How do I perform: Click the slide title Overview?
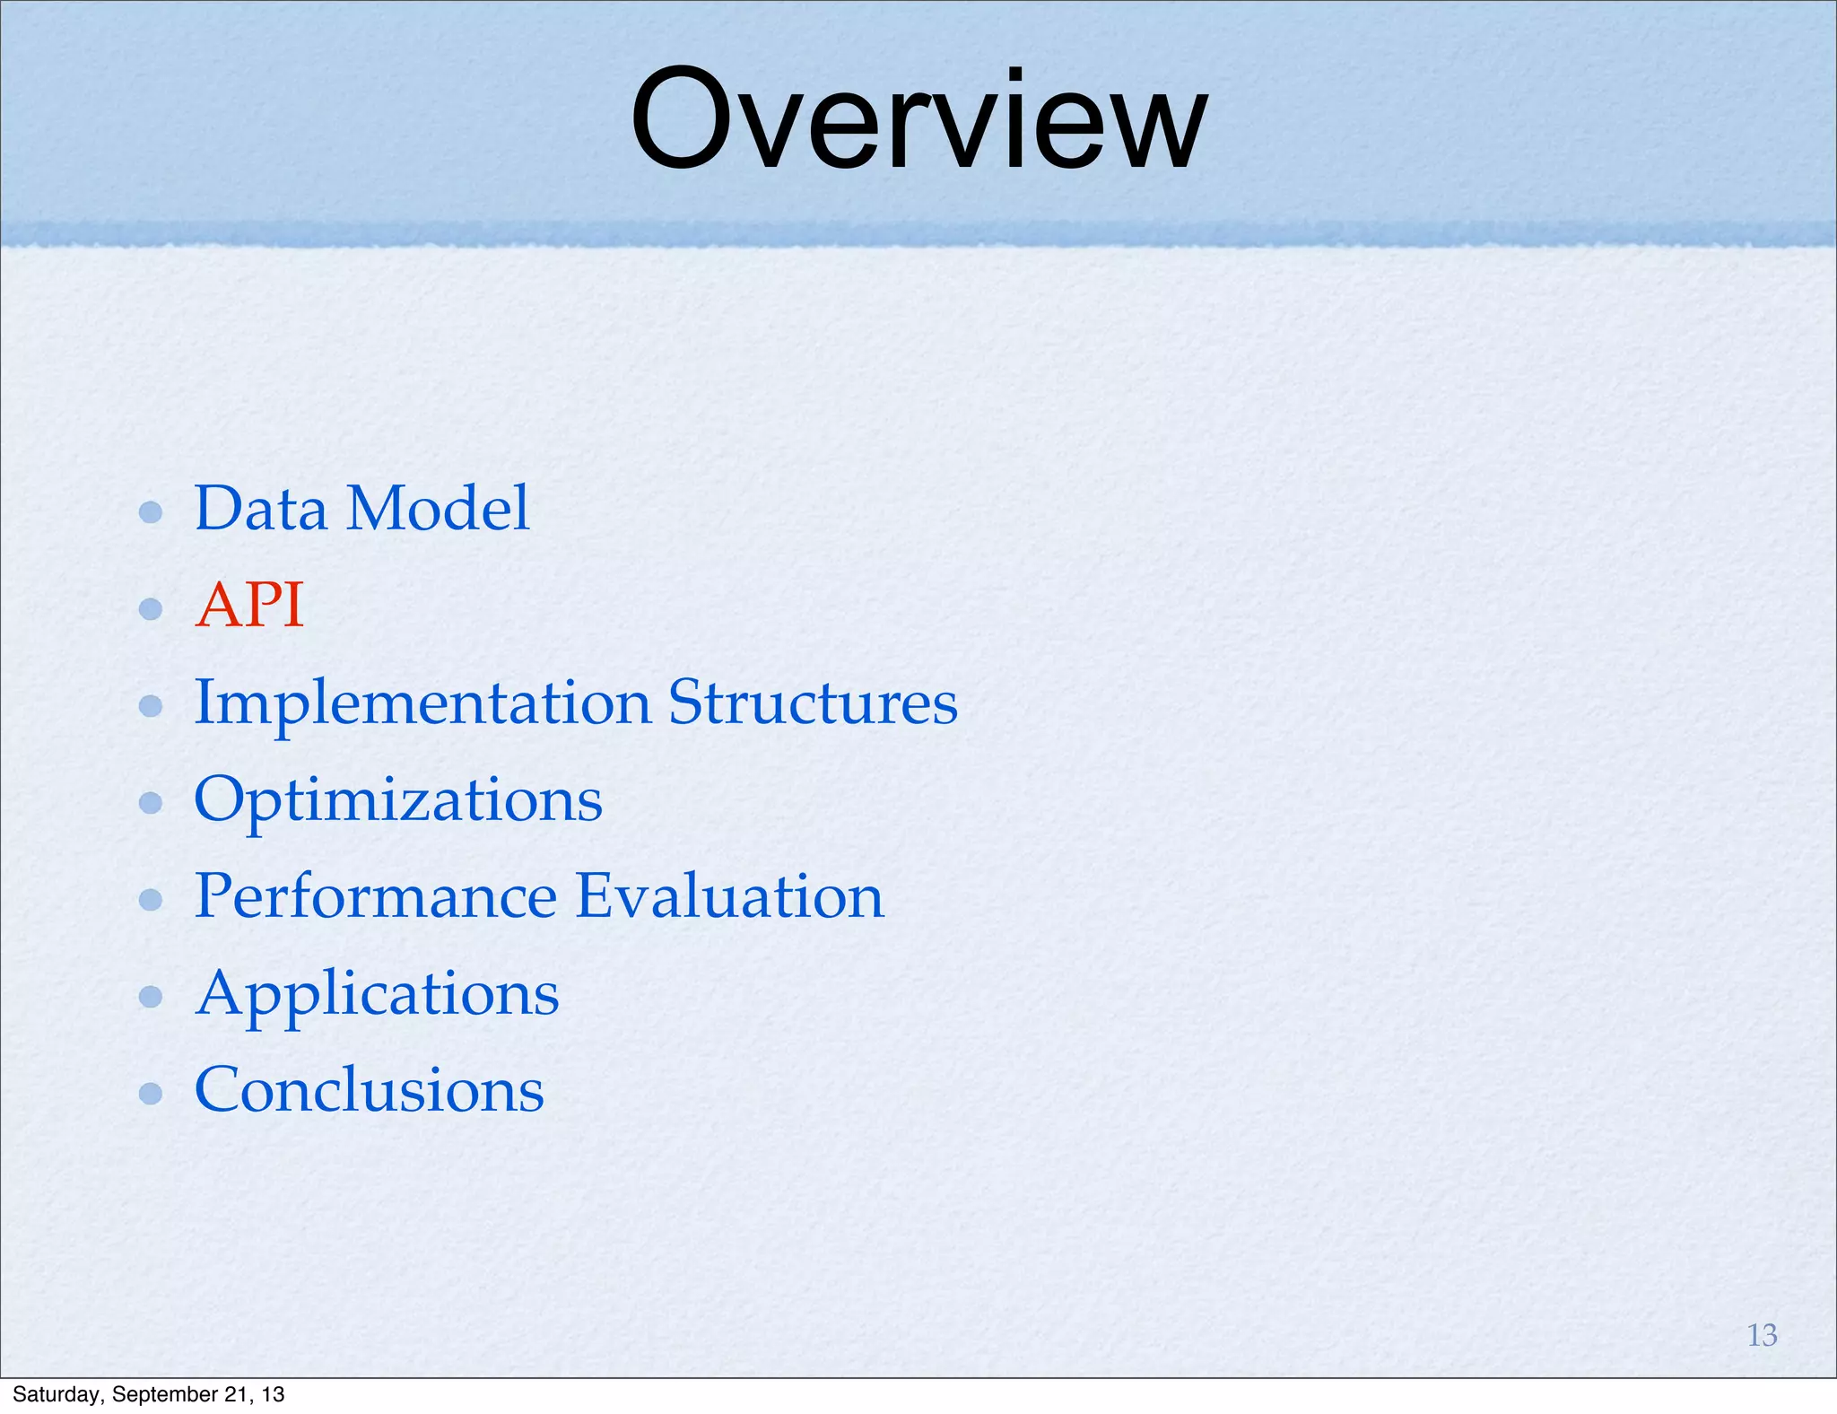point(918,121)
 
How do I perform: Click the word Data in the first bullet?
point(260,509)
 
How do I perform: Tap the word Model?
point(438,509)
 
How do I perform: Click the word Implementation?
point(422,703)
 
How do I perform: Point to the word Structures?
point(813,703)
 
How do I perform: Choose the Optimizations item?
point(397,800)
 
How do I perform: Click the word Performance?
point(376,896)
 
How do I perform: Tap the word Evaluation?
point(729,896)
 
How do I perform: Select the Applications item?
point(377,994)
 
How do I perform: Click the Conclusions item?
point(369,1090)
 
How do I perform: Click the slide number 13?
point(1762,1335)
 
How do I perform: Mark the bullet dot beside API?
point(151,609)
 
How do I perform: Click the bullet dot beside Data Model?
point(151,512)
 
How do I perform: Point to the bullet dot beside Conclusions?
point(151,1094)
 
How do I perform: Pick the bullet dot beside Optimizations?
point(151,803)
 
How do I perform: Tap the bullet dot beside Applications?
point(151,997)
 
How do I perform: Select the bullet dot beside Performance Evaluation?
point(151,900)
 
